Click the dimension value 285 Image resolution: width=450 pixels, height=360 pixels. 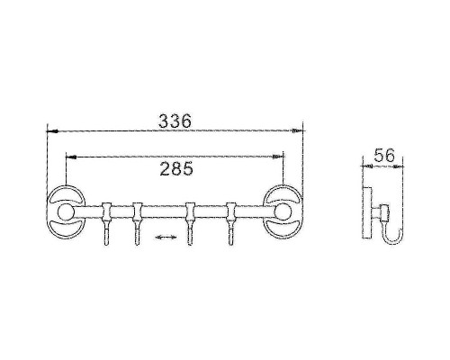coord(176,167)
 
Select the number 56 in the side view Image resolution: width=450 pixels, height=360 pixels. coord(385,155)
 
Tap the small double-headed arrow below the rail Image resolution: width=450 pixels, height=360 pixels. coord(163,238)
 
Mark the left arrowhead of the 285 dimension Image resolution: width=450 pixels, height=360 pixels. coord(70,156)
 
